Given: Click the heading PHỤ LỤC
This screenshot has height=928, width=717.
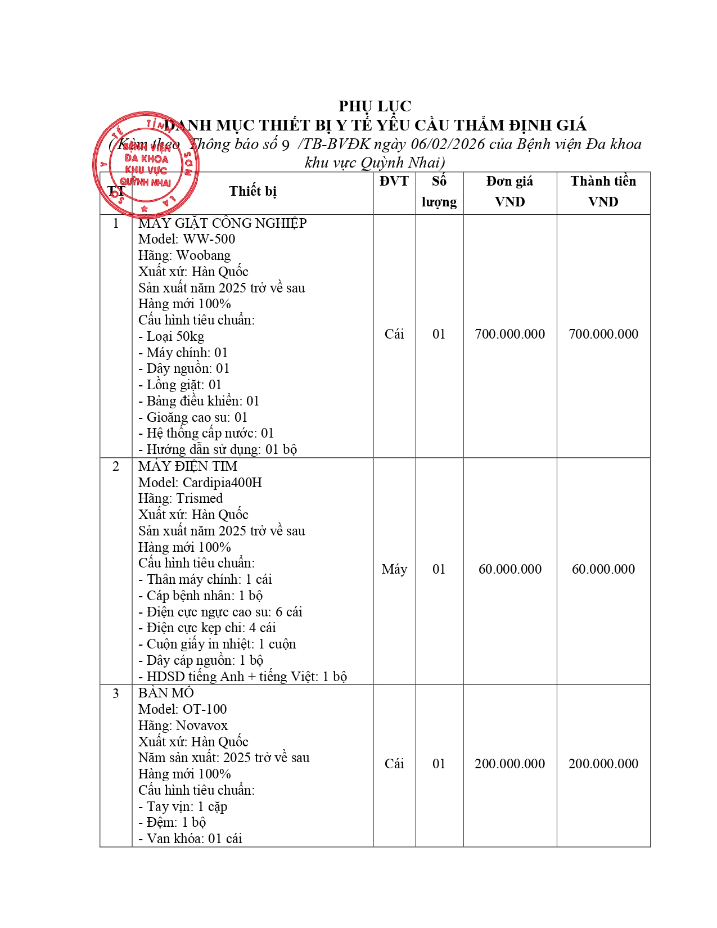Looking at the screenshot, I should [x=375, y=106].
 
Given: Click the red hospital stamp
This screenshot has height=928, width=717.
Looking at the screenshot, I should [x=146, y=164].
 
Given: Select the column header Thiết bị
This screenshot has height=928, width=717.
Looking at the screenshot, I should [x=252, y=191].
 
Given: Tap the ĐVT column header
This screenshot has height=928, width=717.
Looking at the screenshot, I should [x=394, y=181].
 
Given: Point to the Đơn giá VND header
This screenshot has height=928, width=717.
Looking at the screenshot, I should [x=509, y=191].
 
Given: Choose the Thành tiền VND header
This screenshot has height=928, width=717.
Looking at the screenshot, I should [x=603, y=191].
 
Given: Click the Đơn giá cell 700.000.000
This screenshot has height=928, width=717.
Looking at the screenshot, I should [x=509, y=334].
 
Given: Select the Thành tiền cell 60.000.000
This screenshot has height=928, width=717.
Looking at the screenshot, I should [x=603, y=569].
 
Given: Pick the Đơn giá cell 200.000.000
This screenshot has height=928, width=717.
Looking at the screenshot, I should [x=509, y=764].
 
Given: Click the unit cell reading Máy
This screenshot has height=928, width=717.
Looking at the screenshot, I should [x=394, y=569].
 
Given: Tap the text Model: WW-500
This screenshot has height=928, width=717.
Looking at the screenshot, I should [x=187, y=239].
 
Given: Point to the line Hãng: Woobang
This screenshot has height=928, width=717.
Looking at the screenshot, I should [x=184, y=255].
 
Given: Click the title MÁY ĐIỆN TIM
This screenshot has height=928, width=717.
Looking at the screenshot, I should [x=188, y=466].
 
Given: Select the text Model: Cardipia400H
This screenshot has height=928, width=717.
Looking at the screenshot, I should [x=200, y=483].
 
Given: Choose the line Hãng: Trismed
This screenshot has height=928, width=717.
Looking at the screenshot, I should [x=181, y=498].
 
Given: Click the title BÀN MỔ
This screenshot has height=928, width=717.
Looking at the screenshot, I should [x=166, y=693].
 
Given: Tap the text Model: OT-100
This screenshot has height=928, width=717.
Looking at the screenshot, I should [x=183, y=709].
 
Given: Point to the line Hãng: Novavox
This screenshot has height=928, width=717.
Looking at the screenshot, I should [x=183, y=726].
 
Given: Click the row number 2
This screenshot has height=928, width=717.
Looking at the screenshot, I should [x=116, y=466].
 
